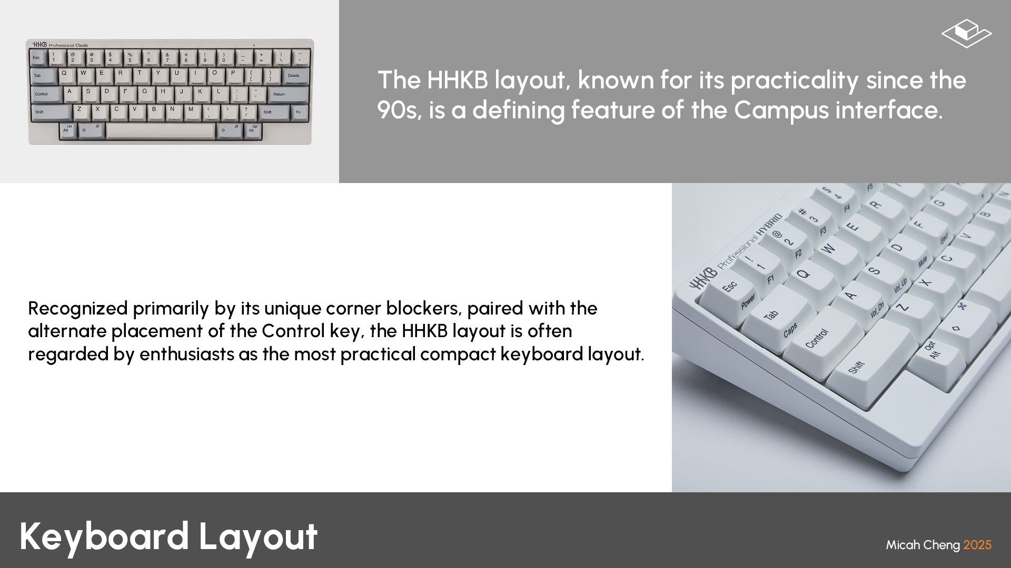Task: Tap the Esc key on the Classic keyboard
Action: pos(37,57)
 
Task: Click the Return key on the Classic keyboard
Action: pos(287,94)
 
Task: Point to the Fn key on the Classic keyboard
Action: pos(299,112)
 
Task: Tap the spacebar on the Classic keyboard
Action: pos(161,130)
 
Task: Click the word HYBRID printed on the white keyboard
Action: pos(770,225)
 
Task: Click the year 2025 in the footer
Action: pos(977,545)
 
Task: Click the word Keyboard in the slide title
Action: pos(104,536)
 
